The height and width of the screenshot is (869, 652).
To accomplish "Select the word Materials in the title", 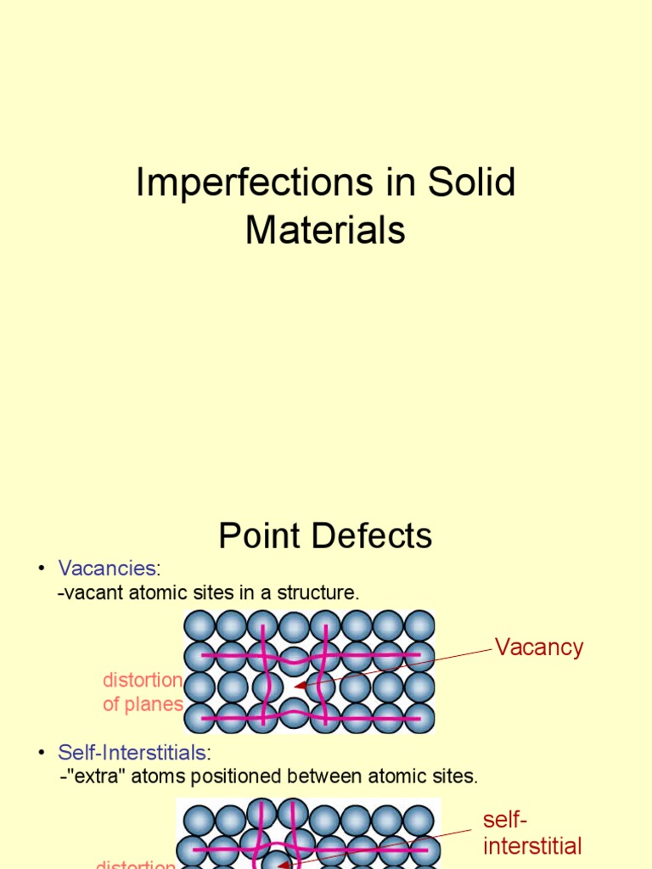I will pyautogui.click(x=325, y=230).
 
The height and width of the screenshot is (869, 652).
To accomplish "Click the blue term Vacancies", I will pyautogui.click(x=106, y=569).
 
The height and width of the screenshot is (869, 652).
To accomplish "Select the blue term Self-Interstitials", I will pyautogui.click(x=132, y=752).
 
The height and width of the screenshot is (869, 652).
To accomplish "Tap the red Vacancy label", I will pyautogui.click(x=539, y=648).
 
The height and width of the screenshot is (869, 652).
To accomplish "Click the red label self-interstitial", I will pyautogui.click(x=531, y=833).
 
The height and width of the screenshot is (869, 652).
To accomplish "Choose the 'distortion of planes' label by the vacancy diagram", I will pyautogui.click(x=143, y=692).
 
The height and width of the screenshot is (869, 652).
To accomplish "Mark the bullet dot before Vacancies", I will pyautogui.click(x=42, y=569).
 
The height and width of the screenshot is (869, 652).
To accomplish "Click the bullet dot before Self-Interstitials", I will pyautogui.click(x=42, y=752).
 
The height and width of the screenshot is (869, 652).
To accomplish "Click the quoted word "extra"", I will pyautogui.click(x=88, y=776).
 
